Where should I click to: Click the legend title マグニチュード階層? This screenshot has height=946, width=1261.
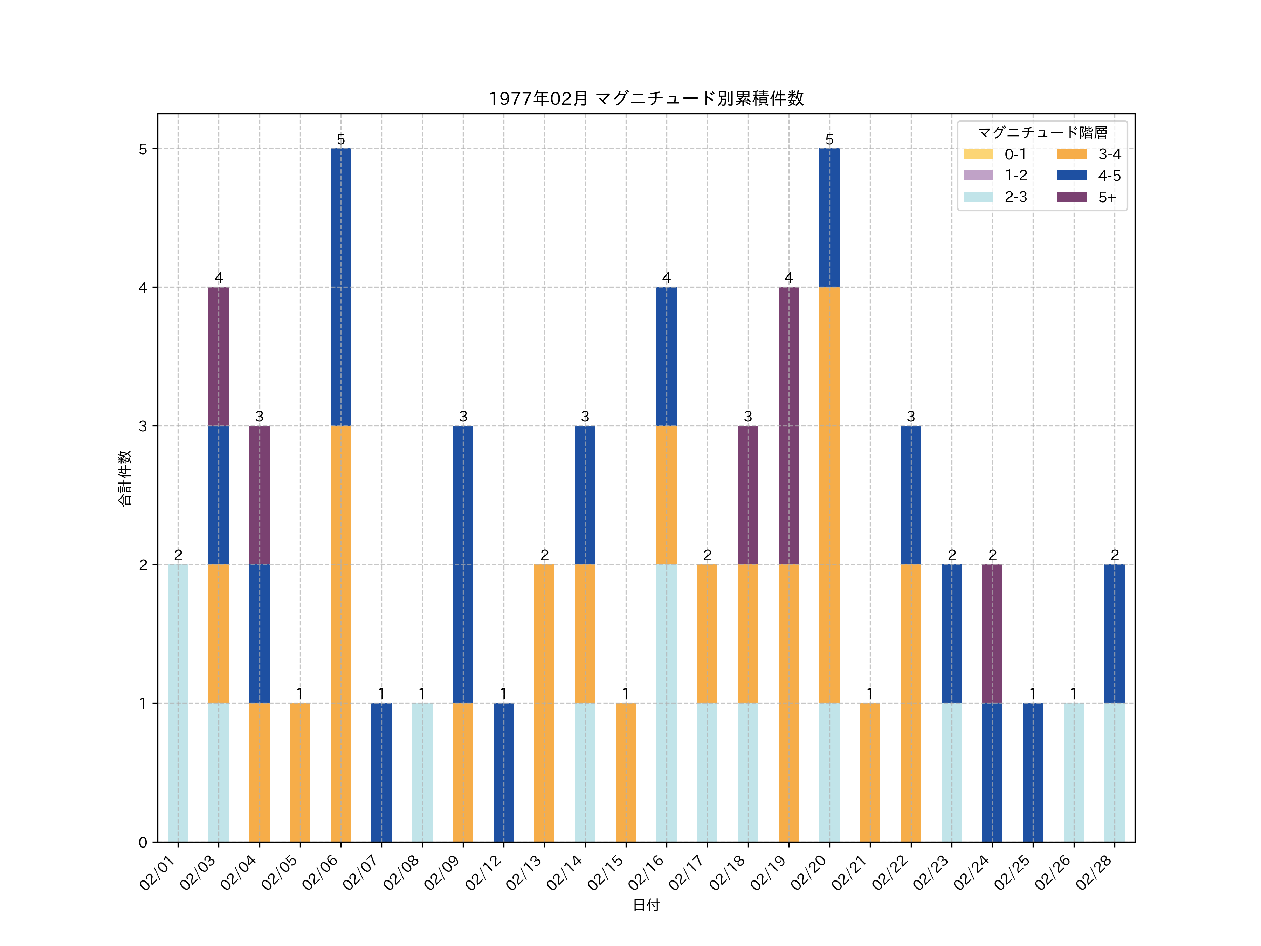tap(1042, 133)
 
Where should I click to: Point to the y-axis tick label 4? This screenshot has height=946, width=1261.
tap(143, 287)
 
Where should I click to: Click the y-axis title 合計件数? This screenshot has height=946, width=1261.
tap(125, 478)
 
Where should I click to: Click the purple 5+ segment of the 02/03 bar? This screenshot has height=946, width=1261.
tap(218, 356)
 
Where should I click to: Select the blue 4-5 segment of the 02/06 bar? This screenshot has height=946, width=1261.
tap(341, 287)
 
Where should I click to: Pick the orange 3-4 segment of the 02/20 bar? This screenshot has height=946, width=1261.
tap(829, 495)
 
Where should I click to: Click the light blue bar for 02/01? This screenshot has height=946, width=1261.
tap(178, 703)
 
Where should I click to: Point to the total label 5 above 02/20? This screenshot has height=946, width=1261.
tap(829, 139)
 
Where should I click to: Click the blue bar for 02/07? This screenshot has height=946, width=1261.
tap(381, 773)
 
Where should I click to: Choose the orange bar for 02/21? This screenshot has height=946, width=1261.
tap(870, 773)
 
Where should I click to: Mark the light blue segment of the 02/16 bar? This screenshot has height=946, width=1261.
tap(667, 703)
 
